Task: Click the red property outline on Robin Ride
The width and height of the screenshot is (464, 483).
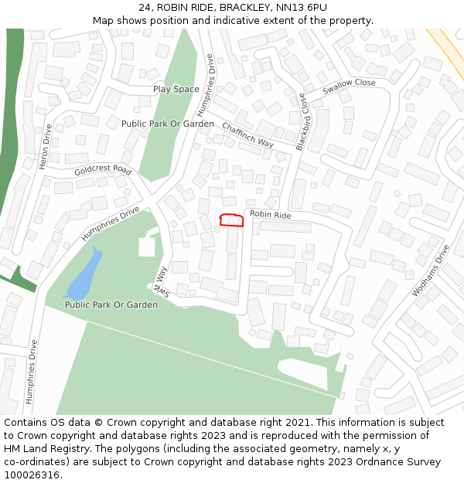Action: pos(232,220)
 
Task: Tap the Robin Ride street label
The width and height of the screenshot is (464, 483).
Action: pos(270,215)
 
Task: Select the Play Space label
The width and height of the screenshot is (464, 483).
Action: pos(176,89)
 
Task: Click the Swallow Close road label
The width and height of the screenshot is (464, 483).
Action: pos(349,87)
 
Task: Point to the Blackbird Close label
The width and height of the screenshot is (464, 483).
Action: pos(302,121)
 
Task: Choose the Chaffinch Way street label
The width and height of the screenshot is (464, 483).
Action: pos(247,134)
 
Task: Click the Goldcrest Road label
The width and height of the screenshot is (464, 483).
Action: pos(103,169)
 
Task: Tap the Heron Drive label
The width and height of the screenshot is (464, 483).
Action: pos(45,147)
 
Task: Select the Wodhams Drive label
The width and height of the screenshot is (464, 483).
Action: pos(431,270)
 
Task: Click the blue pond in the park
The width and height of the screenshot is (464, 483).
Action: pos(84,279)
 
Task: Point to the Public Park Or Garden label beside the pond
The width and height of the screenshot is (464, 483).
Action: pos(111,304)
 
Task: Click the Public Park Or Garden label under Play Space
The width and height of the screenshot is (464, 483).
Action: pos(168,124)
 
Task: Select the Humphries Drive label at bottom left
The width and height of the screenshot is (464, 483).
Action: pos(32,372)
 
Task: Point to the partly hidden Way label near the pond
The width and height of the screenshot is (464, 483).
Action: pos(159,281)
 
